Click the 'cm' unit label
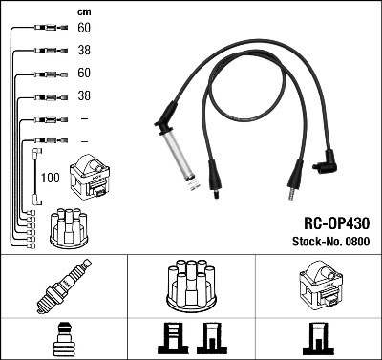point(83,11)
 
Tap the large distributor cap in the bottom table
point(191,286)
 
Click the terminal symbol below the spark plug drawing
point(63,338)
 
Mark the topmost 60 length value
point(84,28)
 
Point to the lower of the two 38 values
point(84,96)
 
